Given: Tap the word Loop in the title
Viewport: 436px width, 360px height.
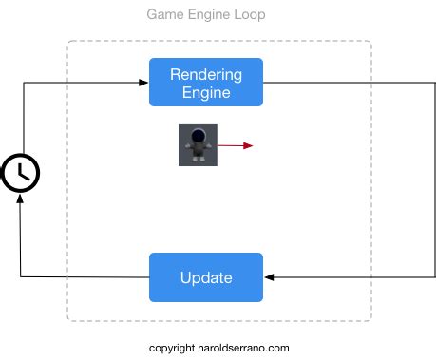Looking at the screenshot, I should click(x=249, y=15).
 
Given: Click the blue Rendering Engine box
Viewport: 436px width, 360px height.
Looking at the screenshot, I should click(x=205, y=83).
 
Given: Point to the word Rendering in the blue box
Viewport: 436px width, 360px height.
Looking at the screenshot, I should click(x=205, y=74).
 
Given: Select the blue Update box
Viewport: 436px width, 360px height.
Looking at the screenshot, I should click(x=205, y=277).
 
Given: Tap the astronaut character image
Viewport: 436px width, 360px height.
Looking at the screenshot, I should click(x=198, y=145).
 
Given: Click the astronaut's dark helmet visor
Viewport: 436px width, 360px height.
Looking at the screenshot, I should click(x=198, y=138).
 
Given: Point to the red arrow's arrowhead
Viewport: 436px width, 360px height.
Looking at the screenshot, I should click(x=249, y=145).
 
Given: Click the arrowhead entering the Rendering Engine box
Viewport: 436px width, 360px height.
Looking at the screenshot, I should click(x=143, y=83).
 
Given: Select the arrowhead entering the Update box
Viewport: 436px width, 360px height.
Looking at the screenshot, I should click(x=269, y=277).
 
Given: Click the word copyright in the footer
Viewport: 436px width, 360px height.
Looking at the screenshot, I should click(x=172, y=348).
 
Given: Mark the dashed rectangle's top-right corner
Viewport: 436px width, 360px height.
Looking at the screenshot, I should click(x=370, y=41).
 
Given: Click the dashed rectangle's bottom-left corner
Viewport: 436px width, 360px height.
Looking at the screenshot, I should click(x=67, y=320).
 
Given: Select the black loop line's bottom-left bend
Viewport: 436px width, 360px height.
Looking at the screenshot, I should click(x=21, y=277).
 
